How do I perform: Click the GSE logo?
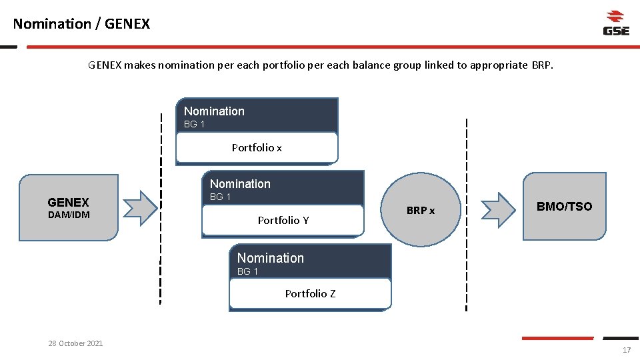(616, 23)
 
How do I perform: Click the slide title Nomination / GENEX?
(81, 24)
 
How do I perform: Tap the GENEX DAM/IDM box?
(69, 207)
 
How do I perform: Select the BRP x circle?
(421, 210)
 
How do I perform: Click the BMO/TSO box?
(564, 207)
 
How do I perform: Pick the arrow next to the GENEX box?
(140, 209)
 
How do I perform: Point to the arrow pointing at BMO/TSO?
(498, 209)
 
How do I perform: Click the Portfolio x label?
(257, 148)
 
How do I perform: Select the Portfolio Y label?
(283, 221)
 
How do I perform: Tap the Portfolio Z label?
(310, 294)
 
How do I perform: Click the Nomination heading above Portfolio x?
(214, 111)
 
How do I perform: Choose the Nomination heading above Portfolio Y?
(240, 184)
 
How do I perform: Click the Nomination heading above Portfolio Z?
(270, 258)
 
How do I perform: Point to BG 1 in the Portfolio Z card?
(247, 272)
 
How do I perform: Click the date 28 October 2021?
(75, 343)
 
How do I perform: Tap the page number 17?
(626, 351)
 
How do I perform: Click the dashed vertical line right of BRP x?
(466, 213)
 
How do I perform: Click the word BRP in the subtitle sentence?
(541, 65)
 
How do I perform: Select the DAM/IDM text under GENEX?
(69, 215)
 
